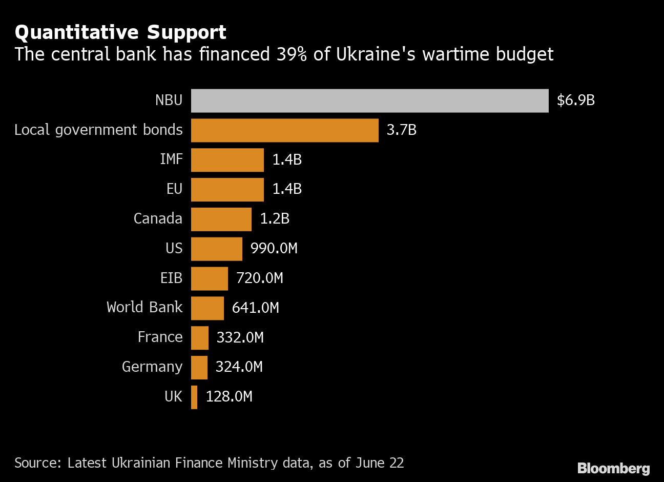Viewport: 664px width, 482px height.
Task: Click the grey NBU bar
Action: pos(369,101)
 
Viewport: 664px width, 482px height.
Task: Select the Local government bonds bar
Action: pos(284,130)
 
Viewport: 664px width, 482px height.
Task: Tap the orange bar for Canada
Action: pos(221,219)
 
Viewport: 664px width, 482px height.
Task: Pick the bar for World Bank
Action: pos(207,308)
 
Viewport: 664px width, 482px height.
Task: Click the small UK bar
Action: pos(194,397)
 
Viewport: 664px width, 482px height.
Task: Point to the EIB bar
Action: pos(209,278)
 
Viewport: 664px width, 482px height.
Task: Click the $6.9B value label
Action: pos(575,101)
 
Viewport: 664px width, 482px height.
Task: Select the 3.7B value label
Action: pos(401,130)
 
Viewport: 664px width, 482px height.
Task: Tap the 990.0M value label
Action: pos(274,249)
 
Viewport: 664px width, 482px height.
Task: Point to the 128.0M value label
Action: pos(229,397)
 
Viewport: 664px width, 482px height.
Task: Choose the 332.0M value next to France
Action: pos(240,338)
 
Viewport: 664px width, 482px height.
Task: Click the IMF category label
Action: pos(171,159)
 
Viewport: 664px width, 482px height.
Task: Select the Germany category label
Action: pos(152,367)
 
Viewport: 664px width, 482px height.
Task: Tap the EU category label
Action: pos(174,189)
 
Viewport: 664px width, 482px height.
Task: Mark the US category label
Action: pos(174,249)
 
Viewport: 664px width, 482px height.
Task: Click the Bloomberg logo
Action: pos(613,468)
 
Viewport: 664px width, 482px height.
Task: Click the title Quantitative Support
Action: pos(120,32)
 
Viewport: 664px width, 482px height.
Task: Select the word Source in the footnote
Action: pos(38,463)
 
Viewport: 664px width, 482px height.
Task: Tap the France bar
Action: pos(200,338)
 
